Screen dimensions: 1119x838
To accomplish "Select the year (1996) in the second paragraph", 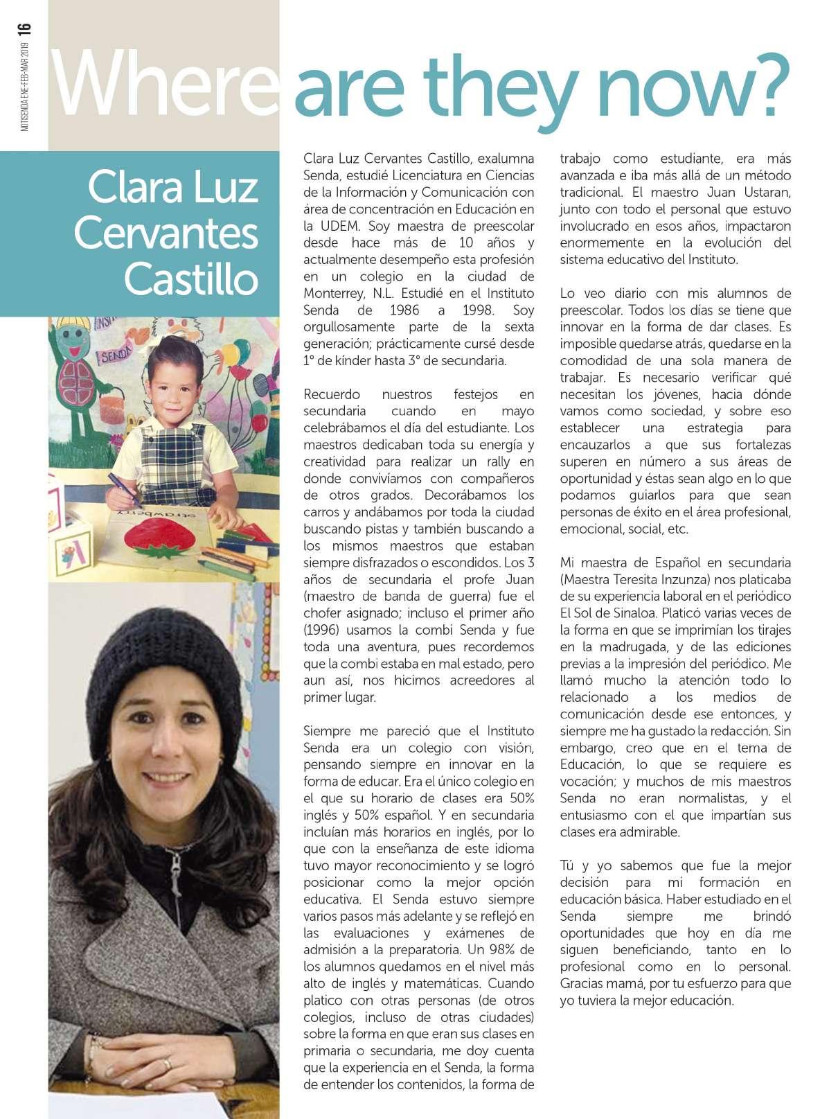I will (x=324, y=630).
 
